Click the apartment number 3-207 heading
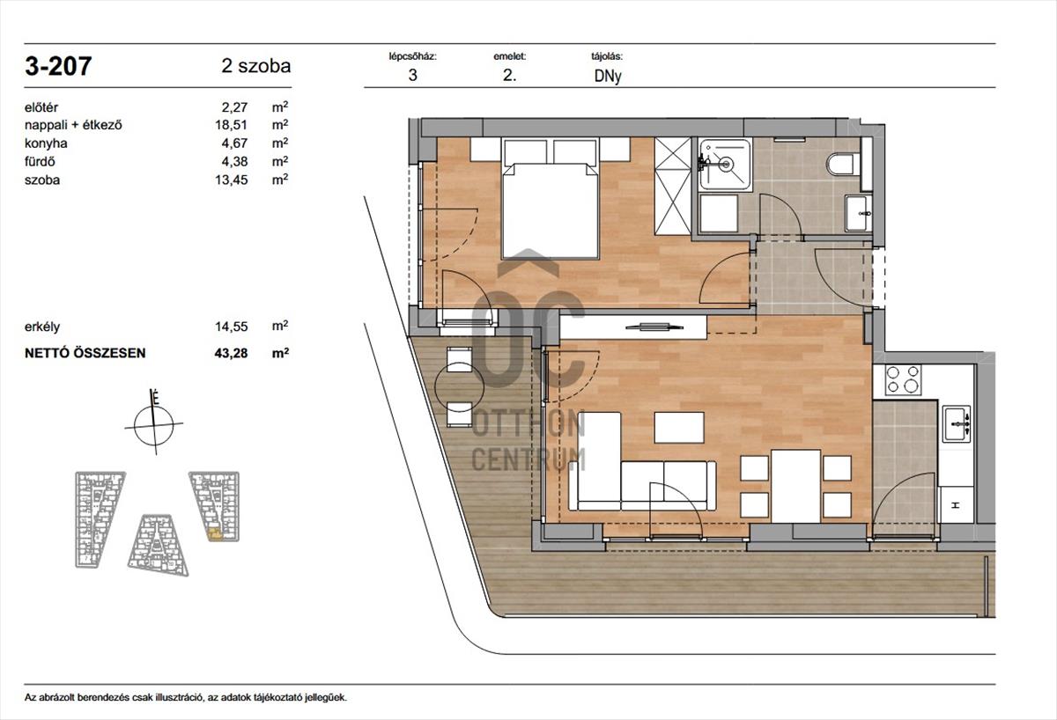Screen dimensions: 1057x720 [x=58, y=66]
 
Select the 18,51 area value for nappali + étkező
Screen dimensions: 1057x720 [x=231, y=125]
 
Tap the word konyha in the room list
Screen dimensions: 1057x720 [x=46, y=143]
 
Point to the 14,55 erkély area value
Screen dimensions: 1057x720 [x=231, y=327]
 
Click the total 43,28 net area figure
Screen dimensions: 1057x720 [x=231, y=353]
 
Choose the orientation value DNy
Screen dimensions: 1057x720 [x=608, y=77]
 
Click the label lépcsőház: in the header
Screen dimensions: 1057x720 [x=413, y=56]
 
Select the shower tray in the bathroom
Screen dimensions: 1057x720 [x=725, y=164]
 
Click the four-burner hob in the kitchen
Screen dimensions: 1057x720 [x=903, y=380]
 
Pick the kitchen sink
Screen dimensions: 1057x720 [x=956, y=424]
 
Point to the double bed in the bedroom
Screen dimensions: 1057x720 [x=551, y=198]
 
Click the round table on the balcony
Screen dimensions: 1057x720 [x=459, y=386]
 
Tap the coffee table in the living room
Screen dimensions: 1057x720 [x=679, y=428]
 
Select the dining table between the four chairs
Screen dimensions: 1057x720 [x=795, y=486]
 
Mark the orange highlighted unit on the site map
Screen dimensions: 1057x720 [x=215, y=534]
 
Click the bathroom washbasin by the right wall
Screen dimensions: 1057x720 [x=858, y=214]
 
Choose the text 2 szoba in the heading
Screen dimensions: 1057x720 [x=256, y=66]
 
